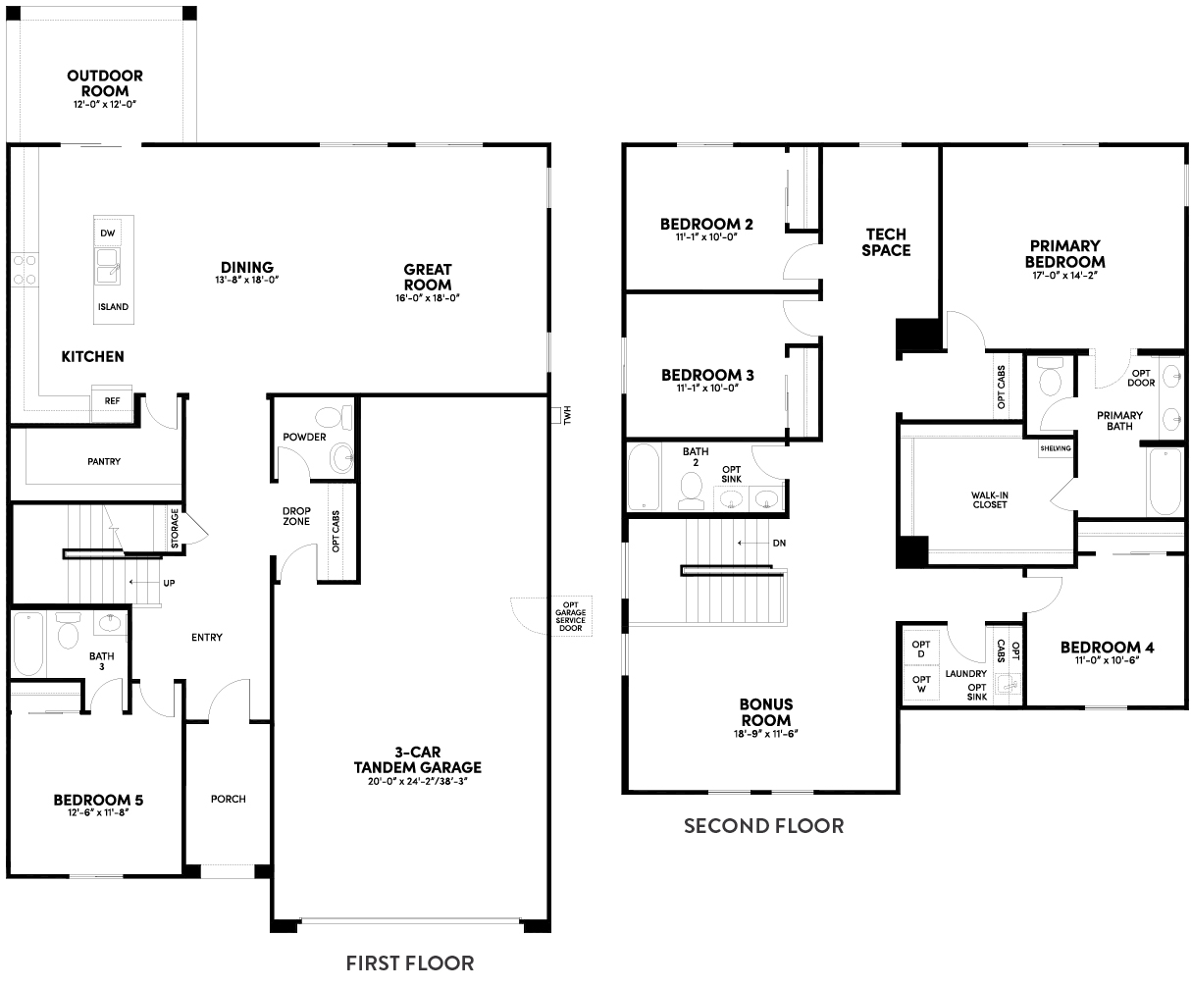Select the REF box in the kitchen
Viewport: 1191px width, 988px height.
[x=111, y=401]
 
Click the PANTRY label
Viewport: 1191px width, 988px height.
[x=103, y=461]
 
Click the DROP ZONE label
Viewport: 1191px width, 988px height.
[x=296, y=516]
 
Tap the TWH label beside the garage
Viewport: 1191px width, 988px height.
[x=565, y=416]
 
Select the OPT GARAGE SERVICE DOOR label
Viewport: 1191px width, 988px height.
[x=570, y=617]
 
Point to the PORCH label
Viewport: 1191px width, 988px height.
[x=228, y=799]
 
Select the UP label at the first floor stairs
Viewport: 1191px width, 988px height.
[x=169, y=583]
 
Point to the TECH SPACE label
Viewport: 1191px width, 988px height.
[x=886, y=242]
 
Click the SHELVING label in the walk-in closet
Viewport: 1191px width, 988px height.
[x=1055, y=448]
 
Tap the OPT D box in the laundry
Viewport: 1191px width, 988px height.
[x=920, y=649]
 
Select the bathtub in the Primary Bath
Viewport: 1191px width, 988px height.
[x=1165, y=482]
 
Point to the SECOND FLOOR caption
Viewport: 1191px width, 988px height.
[x=763, y=825]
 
